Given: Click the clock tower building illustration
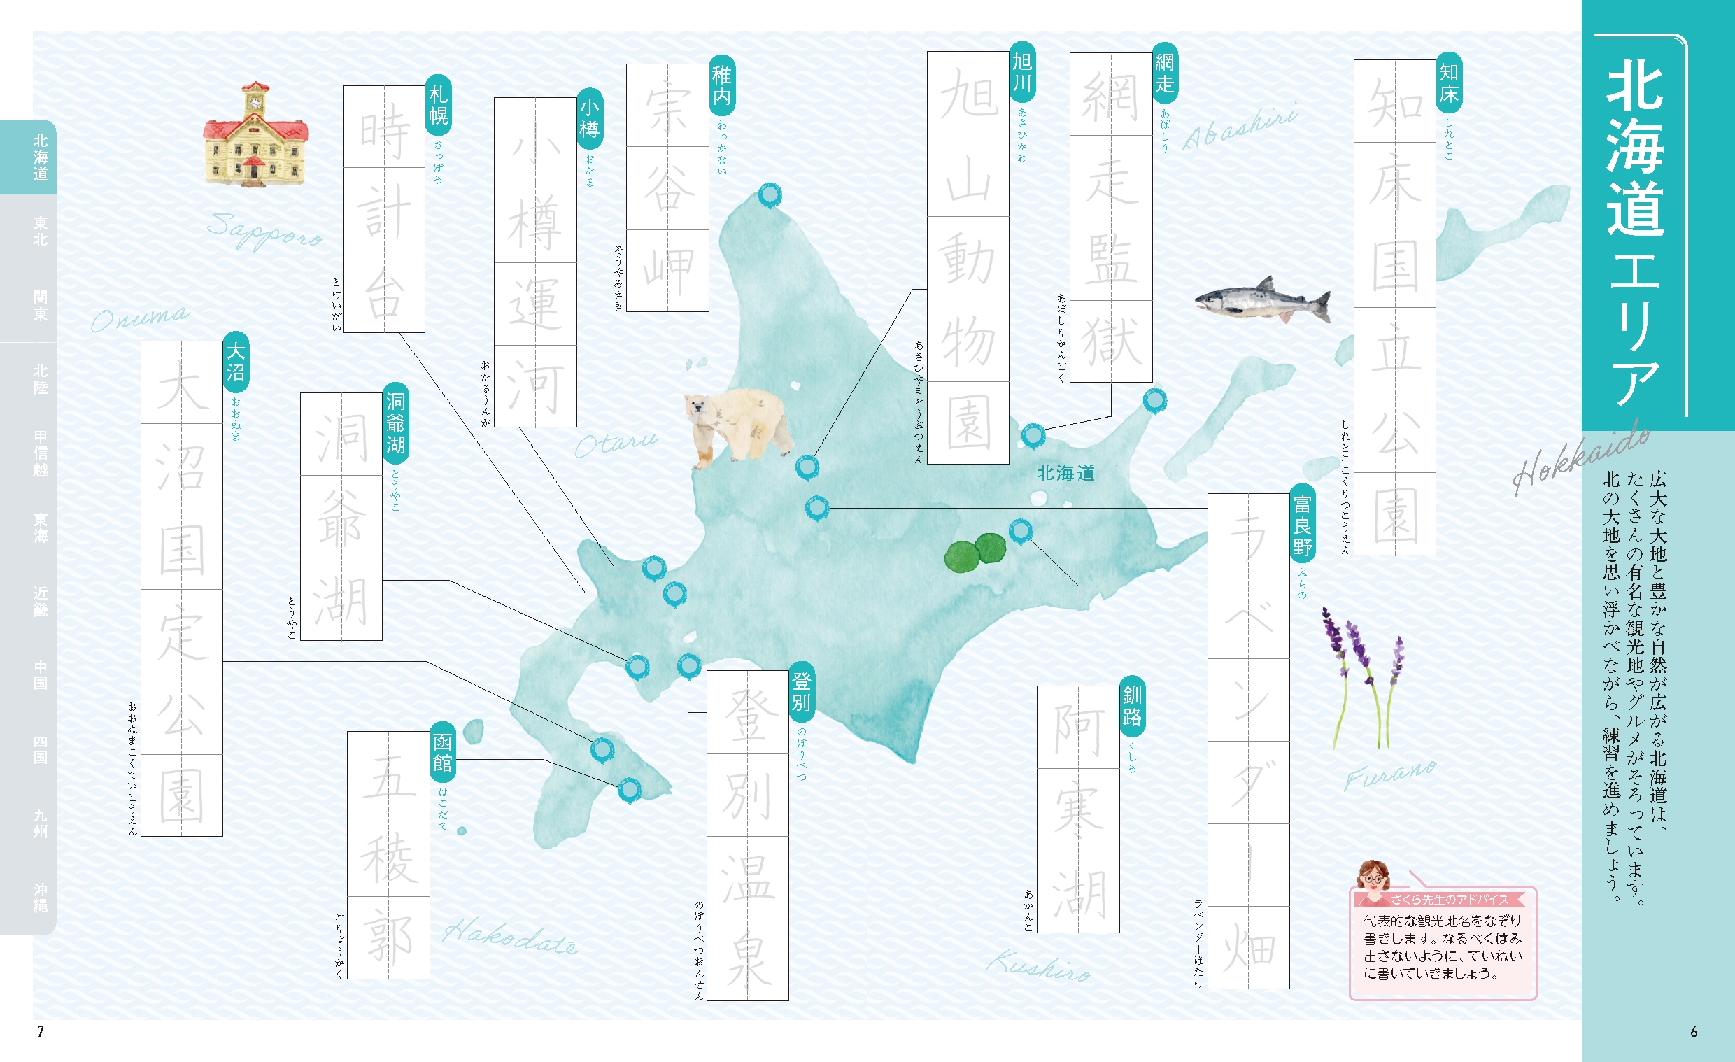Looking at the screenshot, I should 255,136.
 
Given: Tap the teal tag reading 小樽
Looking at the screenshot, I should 589,119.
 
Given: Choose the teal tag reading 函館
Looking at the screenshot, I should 443,753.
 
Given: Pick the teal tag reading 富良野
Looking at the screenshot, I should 1302,525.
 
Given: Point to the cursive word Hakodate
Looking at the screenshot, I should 510,937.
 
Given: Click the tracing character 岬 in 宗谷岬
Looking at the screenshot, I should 667,271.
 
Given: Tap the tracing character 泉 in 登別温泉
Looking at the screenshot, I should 748,959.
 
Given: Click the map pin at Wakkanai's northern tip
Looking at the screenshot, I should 770,194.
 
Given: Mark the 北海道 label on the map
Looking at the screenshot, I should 1065,473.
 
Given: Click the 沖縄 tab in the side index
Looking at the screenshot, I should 41,897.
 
